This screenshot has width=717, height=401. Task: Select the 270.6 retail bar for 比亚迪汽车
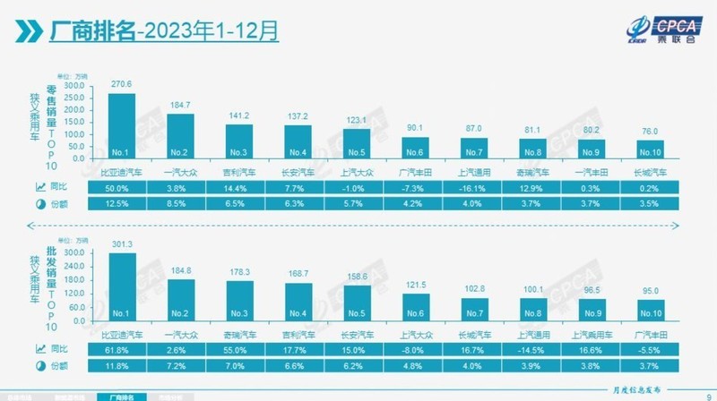click(121, 126)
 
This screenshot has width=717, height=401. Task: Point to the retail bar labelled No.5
click(357, 144)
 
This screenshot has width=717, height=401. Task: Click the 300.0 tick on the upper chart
click(76, 86)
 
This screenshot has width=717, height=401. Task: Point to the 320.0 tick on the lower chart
click(76, 244)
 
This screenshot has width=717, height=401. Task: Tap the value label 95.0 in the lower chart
click(652, 292)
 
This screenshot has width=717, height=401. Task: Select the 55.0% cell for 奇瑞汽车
click(238, 347)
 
